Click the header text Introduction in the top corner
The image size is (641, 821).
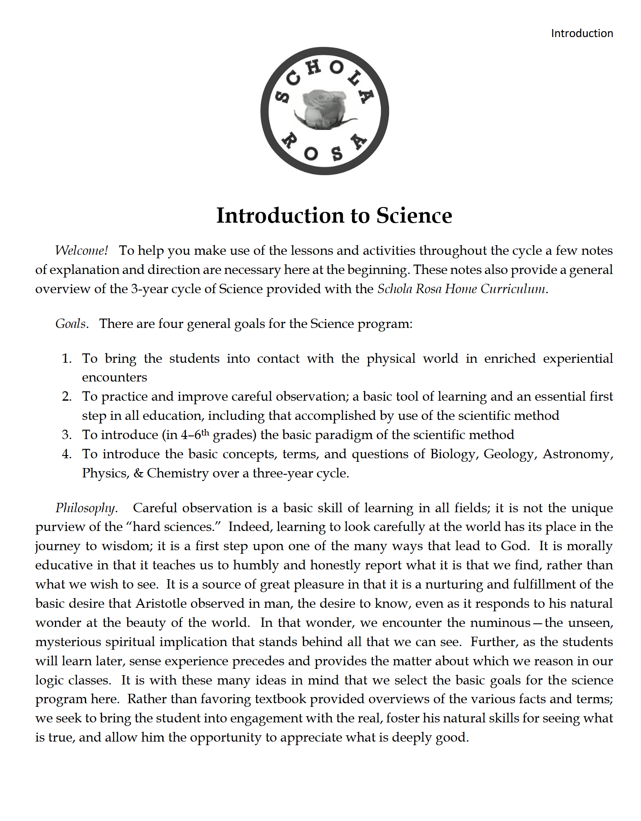[x=582, y=33]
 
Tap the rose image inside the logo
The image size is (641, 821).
[x=324, y=109]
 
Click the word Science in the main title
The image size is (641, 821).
[x=414, y=216]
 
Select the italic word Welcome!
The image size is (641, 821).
[x=81, y=250]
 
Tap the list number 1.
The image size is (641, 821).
[x=66, y=358]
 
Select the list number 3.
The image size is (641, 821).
[x=66, y=435]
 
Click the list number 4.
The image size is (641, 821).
[x=66, y=454]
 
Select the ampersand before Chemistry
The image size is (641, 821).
[x=138, y=473]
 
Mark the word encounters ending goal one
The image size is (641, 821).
[x=114, y=377]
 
